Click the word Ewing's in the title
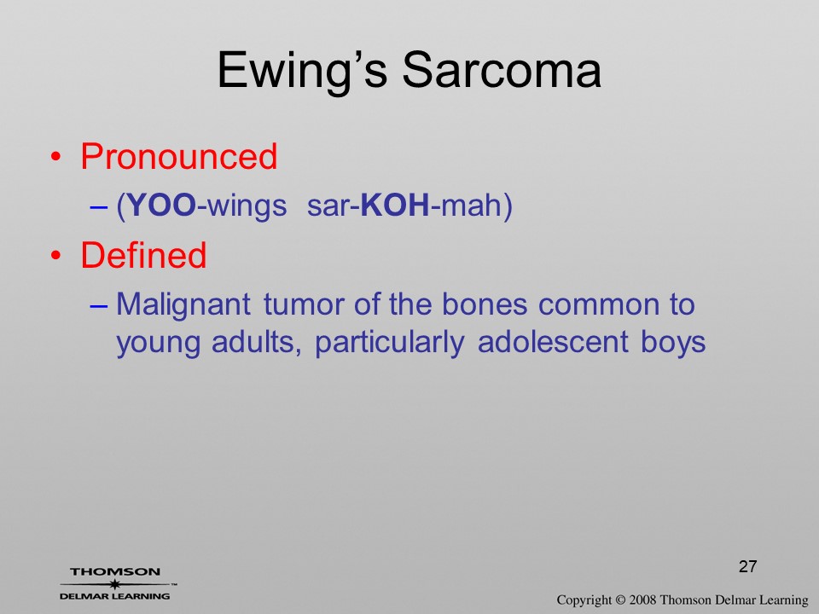[302, 72]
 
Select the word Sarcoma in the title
[502, 70]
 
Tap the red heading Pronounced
[178, 156]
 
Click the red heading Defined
[143, 255]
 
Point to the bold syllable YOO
[161, 205]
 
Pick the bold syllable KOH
[395, 205]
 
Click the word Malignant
[183, 305]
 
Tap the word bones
[485, 304]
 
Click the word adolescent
[553, 343]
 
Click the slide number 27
[748, 566]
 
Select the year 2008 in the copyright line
[642, 600]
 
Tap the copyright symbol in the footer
[619, 600]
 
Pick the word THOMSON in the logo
[115, 571]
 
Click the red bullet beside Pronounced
[56, 157]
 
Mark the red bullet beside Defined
[56, 255]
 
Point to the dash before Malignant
[98, 305]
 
